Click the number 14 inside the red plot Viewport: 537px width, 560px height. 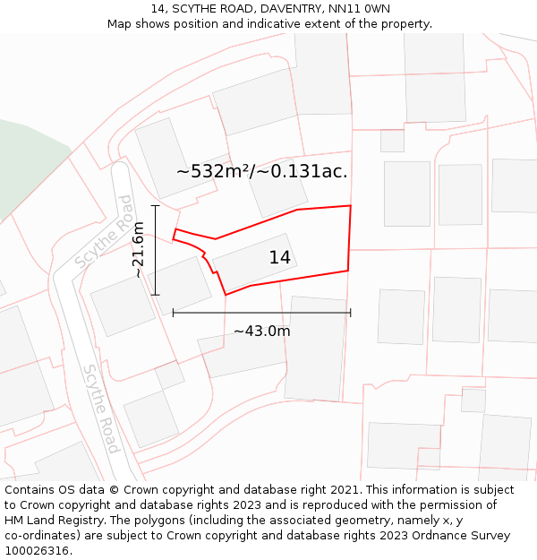coord(280,258)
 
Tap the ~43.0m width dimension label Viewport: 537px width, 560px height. coord(262,332)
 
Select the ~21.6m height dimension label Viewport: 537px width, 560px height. coord(139,250)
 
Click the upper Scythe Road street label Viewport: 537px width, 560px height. coord(105,232)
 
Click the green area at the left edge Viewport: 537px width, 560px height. coord(27,161)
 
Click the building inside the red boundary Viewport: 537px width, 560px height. coord(255,262)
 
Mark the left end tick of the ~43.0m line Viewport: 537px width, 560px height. coord(173,313)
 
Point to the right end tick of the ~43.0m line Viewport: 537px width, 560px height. coord(350,313)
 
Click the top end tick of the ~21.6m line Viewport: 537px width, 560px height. coord(156,206)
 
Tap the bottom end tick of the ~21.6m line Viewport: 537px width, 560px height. coord(156,295)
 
